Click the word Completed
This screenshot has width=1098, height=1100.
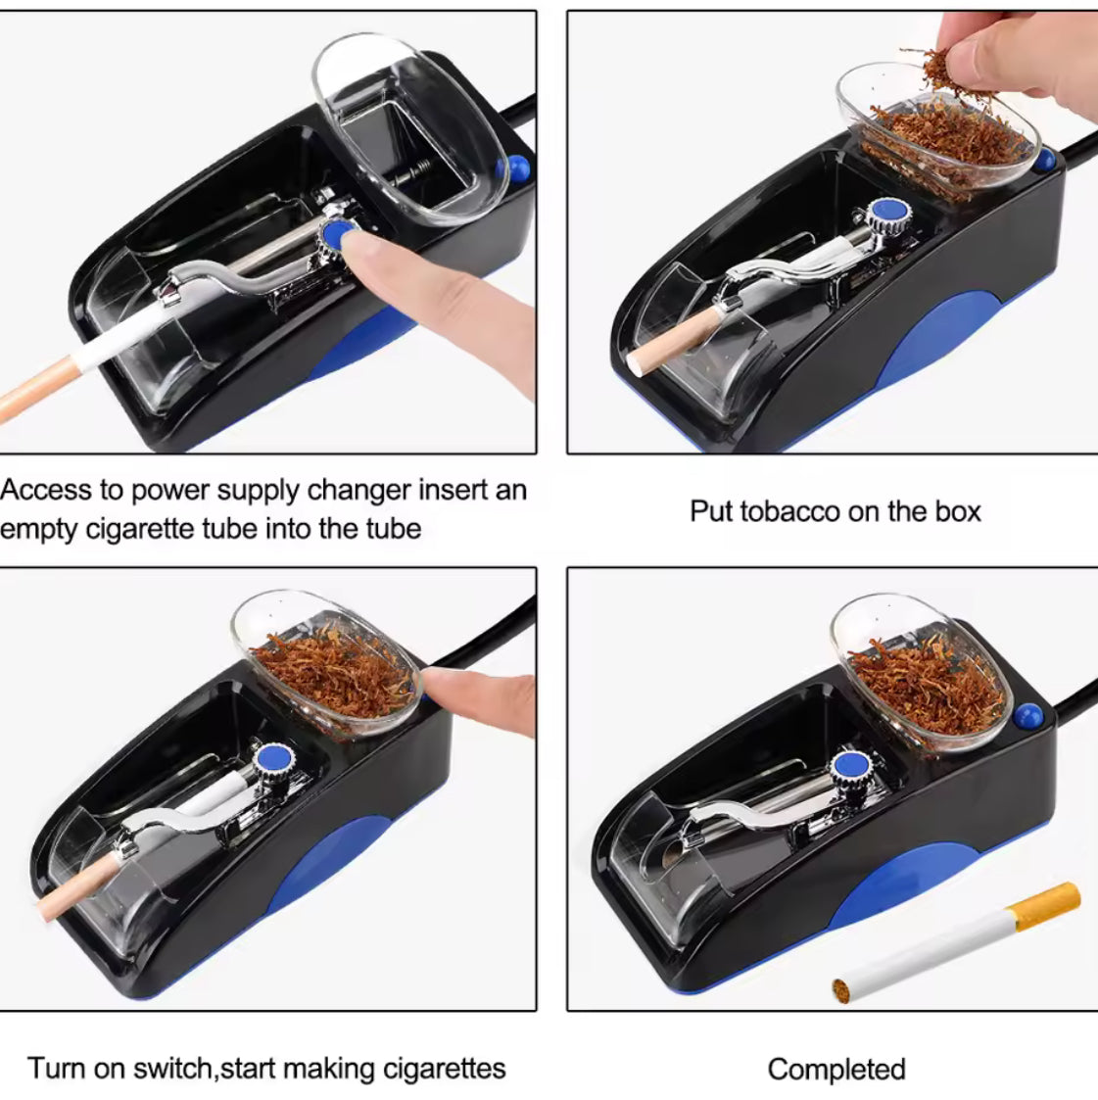click(x=835, y=1070)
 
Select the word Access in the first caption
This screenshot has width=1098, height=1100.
click(x=61, y=490)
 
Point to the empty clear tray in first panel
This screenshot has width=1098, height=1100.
click(x=411, y=127)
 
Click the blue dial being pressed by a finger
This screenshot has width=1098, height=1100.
click(x=338, y=233)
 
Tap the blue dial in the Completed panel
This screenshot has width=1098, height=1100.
click(x=848, y=767)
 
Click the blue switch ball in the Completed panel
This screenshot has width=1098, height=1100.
click(x=1027, y=717)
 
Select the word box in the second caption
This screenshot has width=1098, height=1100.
click(x=957, y=511)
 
